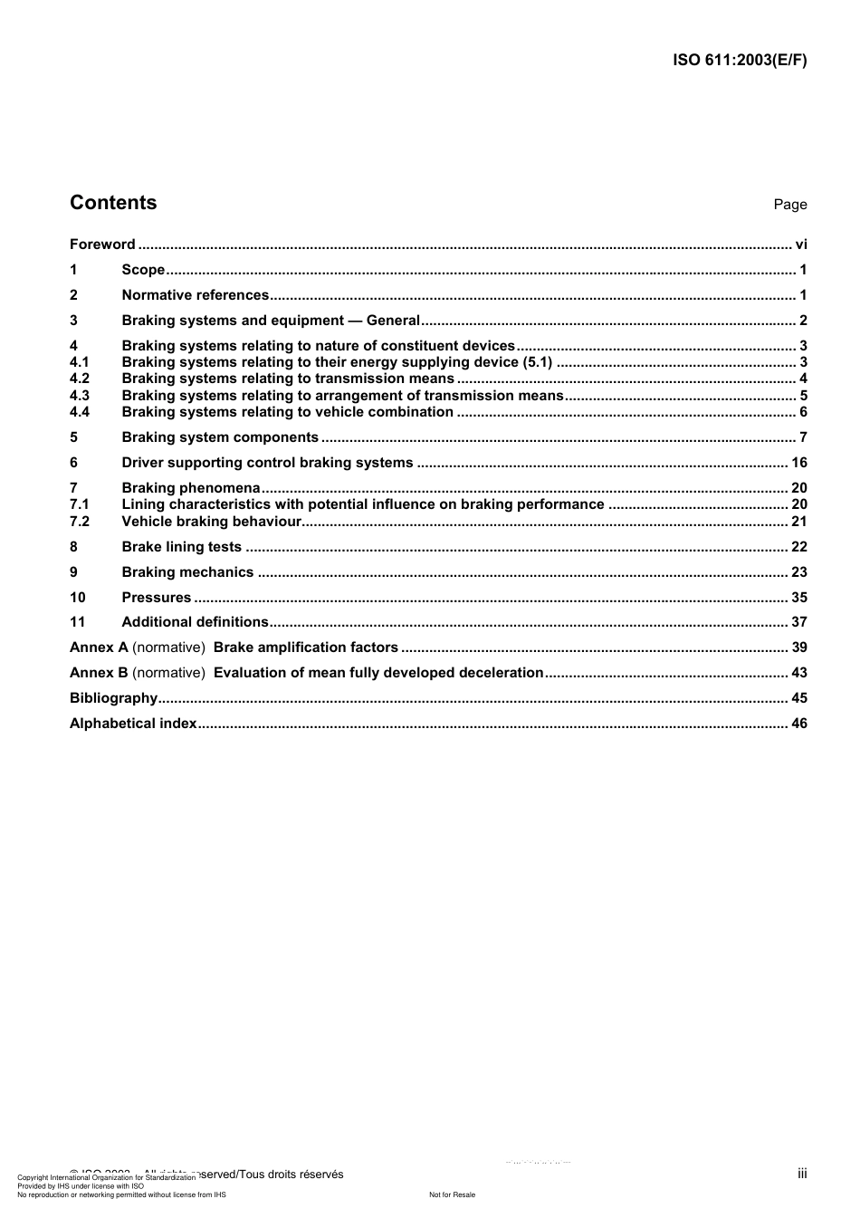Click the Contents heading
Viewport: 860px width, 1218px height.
[x=113, y=203]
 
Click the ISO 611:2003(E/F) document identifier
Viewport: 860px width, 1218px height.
[x=740, y=61]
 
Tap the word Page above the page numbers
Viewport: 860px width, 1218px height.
[x=789, y=205]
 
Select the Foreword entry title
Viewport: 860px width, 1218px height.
[x=102, y=245]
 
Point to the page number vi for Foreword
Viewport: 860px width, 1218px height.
[x=800, y=245]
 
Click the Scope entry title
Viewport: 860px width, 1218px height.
[x=143, y=270]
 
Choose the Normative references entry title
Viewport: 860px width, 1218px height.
[x=196, y=295]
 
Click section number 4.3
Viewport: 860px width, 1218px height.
[x=80, y=396]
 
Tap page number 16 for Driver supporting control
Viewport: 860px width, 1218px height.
[x=798, y=463]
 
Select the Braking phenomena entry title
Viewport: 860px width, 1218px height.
[x=190, y=488]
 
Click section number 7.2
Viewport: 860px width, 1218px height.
[x=80, y=522]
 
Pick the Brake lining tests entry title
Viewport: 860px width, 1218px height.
[x=181, y=547]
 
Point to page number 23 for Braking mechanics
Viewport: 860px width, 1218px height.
[x=798, y=572]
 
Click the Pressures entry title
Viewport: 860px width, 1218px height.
[x=157, y=598]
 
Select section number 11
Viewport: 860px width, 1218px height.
[x=77, y=622]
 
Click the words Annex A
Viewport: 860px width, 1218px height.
[x=99, y=647]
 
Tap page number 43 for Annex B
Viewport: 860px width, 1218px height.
[x=798, y=673]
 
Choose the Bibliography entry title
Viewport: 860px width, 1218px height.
[x=113, y=698]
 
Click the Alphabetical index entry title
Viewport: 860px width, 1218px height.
[x=133, y=724]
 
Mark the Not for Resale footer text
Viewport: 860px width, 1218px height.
[x=452, y=1194]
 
